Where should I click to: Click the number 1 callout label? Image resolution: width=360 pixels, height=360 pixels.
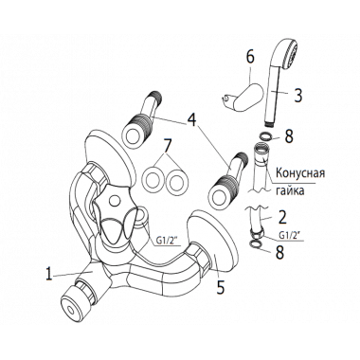(x=48, y=274)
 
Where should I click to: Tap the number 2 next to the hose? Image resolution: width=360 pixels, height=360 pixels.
(x=282, y=218)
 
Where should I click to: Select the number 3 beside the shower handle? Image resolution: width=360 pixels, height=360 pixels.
(x=297, y=95)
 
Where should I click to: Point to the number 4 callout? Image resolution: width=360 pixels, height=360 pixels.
(x=192, y=121)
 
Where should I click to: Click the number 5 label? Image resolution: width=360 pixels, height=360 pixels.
(x=220, y=287)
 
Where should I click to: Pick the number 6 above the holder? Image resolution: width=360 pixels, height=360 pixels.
(x=250, y=58)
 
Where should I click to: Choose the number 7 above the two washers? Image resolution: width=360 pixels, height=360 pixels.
(x=168, y=147)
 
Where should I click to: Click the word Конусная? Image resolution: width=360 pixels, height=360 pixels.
(x=300, y=173)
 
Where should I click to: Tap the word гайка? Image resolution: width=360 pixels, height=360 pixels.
(x=290, y=191)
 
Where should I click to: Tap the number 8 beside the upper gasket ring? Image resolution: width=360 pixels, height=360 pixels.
(x=288, y=135)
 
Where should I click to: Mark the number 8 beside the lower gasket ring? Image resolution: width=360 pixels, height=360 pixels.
(x=279, y=252)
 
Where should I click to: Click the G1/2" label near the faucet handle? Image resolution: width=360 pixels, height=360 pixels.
(x=168, y=241)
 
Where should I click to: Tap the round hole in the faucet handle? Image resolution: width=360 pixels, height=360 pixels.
(x=113, y=201)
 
